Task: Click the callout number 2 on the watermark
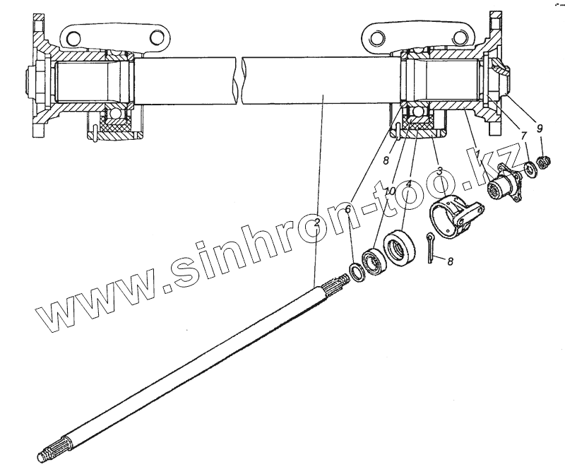[x=318, y=222]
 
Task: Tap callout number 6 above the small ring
[x=348, y=210]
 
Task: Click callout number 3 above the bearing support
[x=439, y=170]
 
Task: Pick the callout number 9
[x=540, y=128]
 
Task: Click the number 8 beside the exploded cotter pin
[x=451, y=261]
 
